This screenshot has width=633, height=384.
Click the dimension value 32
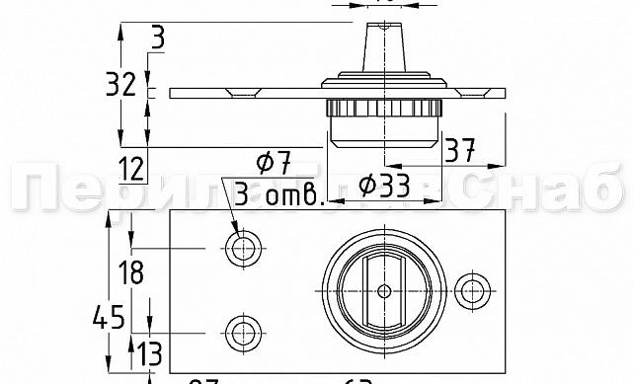(120, 85)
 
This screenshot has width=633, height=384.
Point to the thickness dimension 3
(158, 39)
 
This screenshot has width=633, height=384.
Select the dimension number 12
(130, 170)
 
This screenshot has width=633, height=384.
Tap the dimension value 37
(459, 151)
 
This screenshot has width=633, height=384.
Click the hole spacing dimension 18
(130, 270)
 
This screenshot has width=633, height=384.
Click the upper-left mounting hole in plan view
(241, 249)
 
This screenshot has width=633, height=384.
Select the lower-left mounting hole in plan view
(241, 331)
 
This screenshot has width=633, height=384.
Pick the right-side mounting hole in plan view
(475, 290)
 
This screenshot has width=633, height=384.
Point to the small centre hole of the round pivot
(384, 290)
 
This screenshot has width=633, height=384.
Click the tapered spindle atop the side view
(384, 44)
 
